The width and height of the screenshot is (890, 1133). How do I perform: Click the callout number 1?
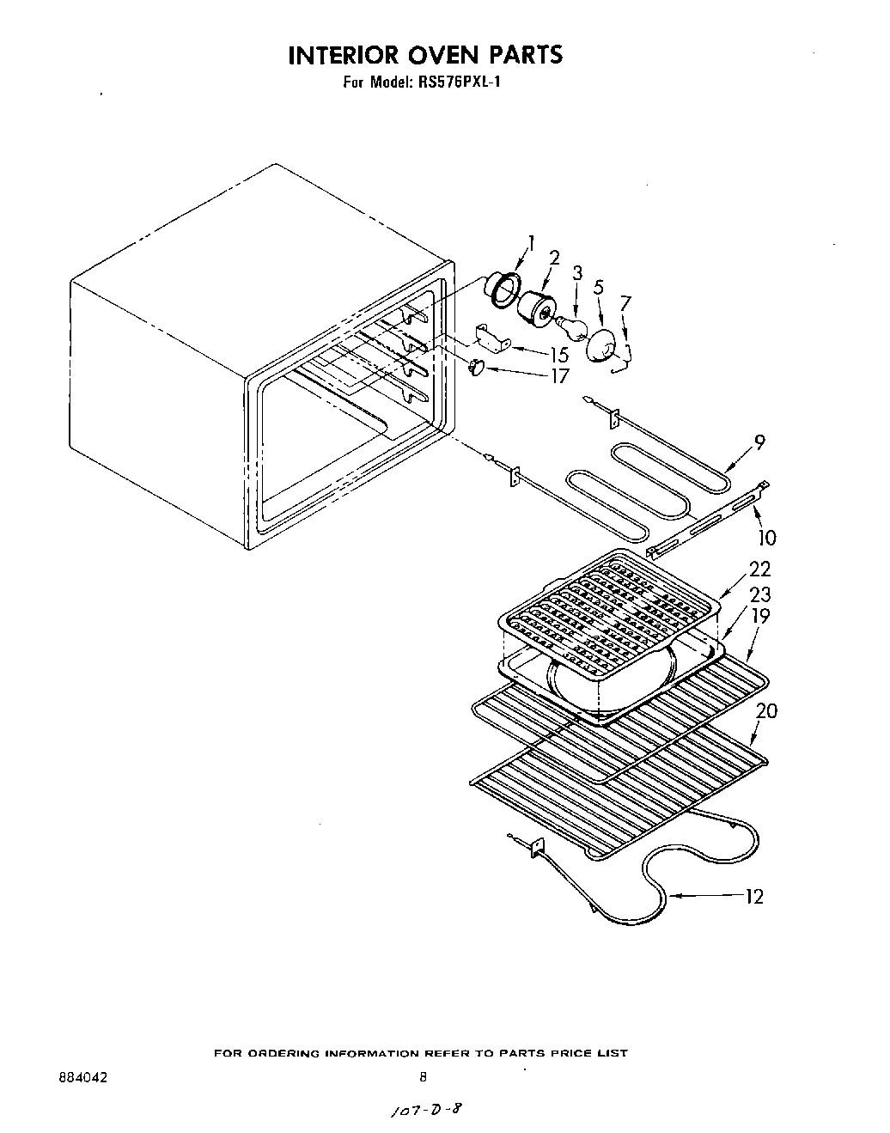point(531,243)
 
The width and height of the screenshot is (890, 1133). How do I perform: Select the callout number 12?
point(754,897)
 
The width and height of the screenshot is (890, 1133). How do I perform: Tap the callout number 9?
point(759,442)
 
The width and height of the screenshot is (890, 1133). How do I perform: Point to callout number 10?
point(766,538)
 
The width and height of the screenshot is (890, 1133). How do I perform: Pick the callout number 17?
point(559,375)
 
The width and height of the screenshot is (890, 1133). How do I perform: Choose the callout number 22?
point(759,569)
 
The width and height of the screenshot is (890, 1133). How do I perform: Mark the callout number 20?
point(766,710)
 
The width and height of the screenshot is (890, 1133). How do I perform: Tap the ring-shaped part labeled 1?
point(500,286)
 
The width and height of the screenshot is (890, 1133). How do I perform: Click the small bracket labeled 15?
point(491,337)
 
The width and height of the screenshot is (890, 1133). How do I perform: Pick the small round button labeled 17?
point(478,368)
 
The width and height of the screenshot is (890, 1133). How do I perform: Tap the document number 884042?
point(83,1075)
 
